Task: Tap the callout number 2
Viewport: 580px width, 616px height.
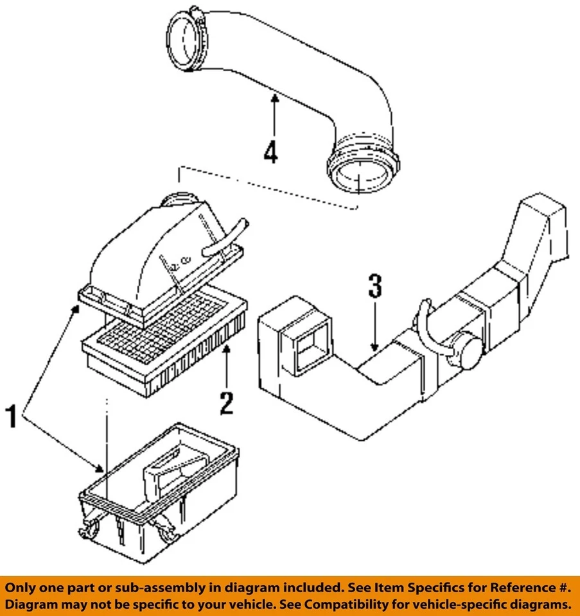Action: [226, 402]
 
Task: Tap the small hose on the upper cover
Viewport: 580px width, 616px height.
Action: [225, 237]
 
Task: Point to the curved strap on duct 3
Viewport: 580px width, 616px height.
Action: [427, 321]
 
